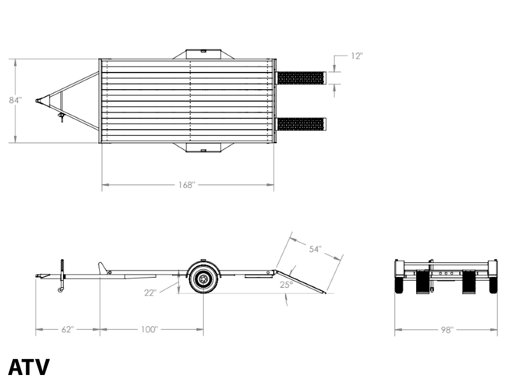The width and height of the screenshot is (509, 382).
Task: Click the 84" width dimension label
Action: pyautogui.click(x=15, y=101)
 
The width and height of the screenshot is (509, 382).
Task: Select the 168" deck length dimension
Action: pyautogui.click(x=186, y=185)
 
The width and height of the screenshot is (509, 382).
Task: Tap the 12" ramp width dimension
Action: pyautogui.click(x=356, y=56)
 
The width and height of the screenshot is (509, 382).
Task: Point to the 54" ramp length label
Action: pyautogui.click(x=315, y=249)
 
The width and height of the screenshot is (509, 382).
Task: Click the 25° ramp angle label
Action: pyautogui.click(x=286, y=285)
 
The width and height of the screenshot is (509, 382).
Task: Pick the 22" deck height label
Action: pyautogui.click(x=150, y=293)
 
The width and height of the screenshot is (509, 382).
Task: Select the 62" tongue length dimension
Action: pyautogui.click(x=67, y=329)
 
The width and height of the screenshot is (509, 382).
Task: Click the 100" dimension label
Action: pyautogui.click(x=149, y=329)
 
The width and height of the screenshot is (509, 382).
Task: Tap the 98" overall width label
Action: pyautogui.click(x=447, y=330)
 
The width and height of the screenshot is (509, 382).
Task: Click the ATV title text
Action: pyautogui.click(x=29, y=367)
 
